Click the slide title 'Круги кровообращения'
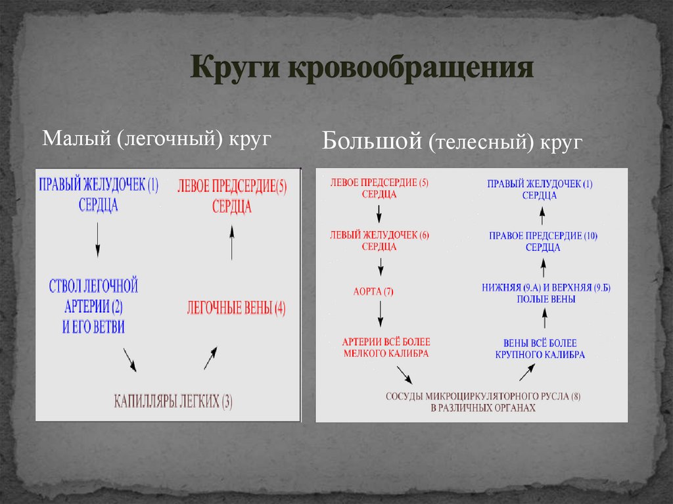tap(361, 68)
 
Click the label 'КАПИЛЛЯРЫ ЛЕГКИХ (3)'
tap(173, 401)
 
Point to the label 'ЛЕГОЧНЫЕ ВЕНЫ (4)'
tap(236, 308)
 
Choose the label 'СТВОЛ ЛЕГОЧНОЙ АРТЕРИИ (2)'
tap(94, 306)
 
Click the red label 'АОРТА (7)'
tap(374, 291)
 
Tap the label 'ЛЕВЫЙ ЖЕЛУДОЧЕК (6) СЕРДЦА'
tap(379, 241)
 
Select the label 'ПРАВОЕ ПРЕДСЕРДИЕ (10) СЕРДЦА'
tap(543, 241)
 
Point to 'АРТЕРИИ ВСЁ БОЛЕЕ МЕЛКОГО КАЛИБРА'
tap(386, 348)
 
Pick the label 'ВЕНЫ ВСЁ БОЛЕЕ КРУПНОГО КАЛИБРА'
tap(540, 348)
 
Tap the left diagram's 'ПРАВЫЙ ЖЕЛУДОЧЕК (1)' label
tap(99, 194)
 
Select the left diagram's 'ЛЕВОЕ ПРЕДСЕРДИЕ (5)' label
tap(232, 195)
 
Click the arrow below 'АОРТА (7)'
tap(380, 317)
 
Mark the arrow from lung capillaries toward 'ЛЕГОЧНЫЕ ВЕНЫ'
tap(210, 358)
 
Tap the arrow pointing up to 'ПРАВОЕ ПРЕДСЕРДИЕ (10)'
tap(544, 266)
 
